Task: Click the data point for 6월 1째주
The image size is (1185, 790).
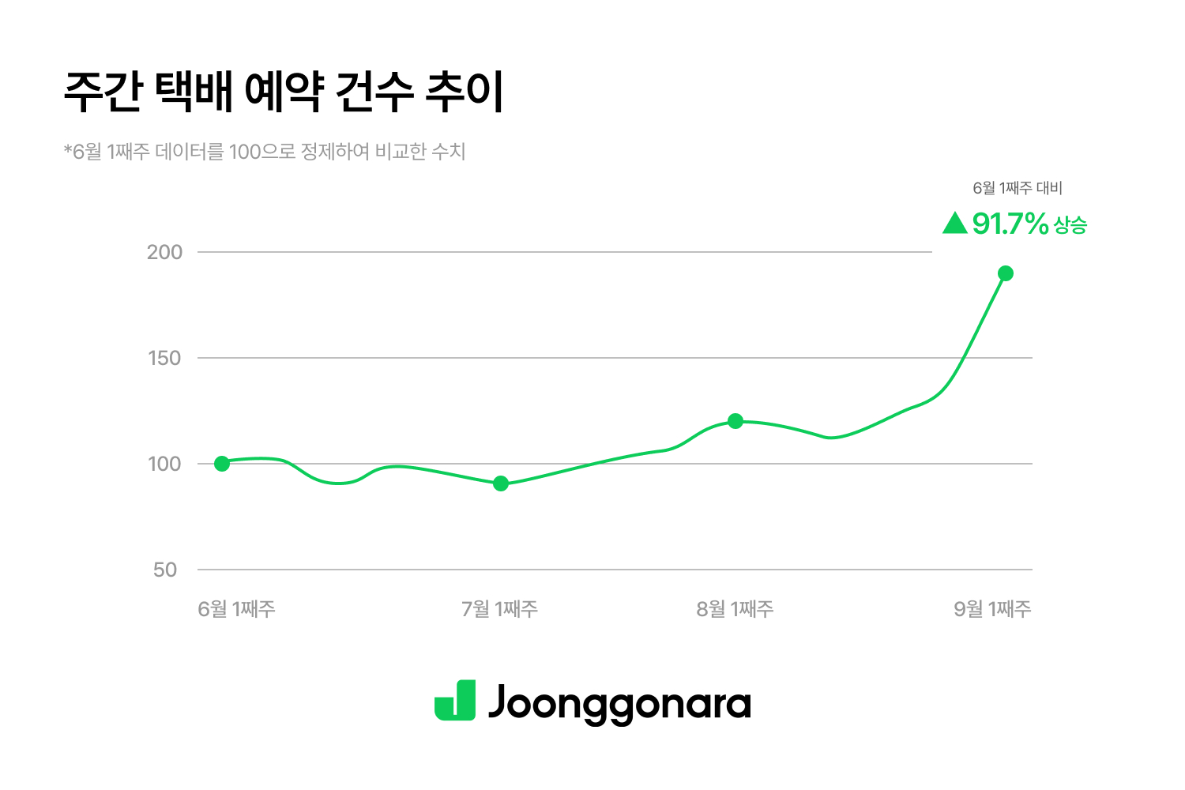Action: [x=222, y=464]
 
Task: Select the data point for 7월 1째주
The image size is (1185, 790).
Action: [x=501, y=483]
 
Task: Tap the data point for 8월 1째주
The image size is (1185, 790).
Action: [x=735, y=421]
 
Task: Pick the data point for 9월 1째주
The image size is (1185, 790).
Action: [x=1006, y=273]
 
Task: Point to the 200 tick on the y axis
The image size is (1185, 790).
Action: [x=164, y=252]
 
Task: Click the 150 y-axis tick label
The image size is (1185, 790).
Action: [x=164, y=358]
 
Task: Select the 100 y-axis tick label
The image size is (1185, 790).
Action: [x=164, y=464]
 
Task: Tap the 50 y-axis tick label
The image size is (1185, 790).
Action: [x=165, y=570]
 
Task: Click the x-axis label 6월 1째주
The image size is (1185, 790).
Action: [x=236, y=609]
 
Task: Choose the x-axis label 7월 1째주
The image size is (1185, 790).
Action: [x=500, y=609]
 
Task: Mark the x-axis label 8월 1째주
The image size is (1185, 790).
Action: [x=735, y=609]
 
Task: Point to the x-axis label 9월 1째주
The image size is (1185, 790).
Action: [x=992, y=609]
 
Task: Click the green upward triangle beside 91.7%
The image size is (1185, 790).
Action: [x=955, y=224]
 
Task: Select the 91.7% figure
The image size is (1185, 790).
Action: [x=1010, y=224]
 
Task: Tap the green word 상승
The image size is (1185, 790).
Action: [x=1070, y=226]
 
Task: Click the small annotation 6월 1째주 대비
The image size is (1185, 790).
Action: [x=1018, y=188]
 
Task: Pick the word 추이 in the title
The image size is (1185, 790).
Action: [x=465, y=93]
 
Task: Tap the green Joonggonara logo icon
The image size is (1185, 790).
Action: [x=455, y=700]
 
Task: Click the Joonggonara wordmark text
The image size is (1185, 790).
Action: [x=619, y=703]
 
